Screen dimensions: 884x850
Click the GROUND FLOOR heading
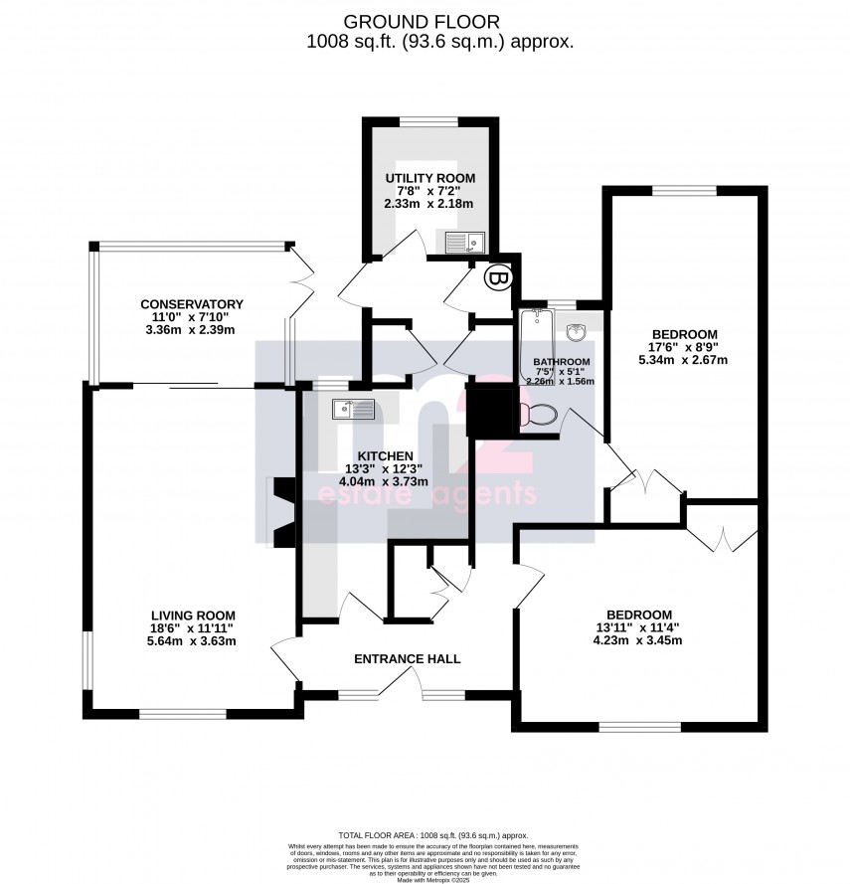423,21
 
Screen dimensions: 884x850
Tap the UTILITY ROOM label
430,178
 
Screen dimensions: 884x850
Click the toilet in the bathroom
541,413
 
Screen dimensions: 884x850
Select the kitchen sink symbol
354,408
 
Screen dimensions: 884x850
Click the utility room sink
463,241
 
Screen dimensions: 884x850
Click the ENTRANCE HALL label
408,658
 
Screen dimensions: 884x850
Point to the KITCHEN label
386,455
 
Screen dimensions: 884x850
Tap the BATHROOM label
561,362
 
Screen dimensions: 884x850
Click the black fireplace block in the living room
282,509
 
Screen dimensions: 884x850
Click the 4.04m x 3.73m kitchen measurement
386,482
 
